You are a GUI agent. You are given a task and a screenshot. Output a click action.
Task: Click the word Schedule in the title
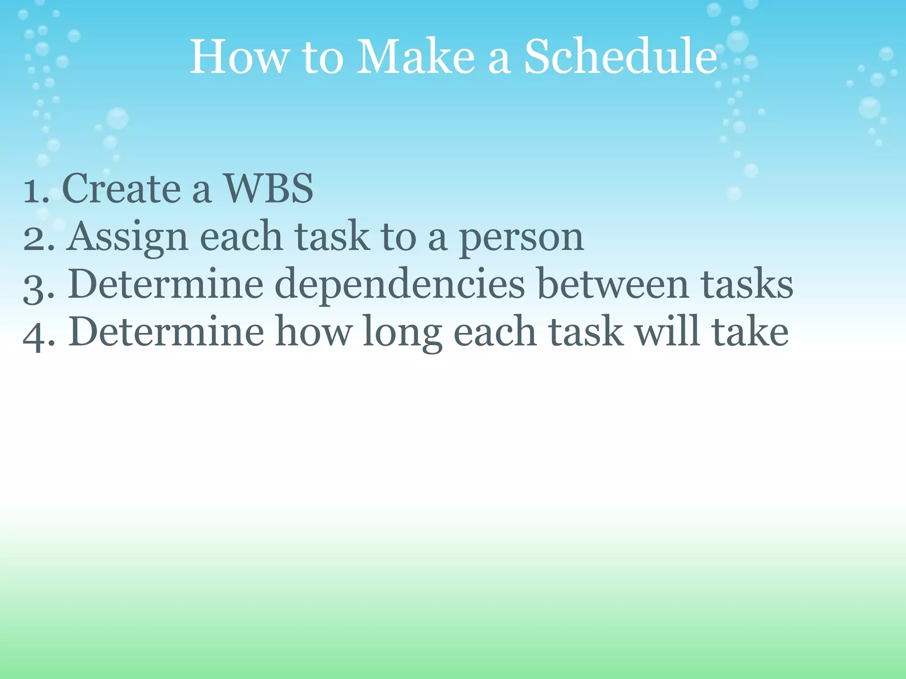tap(620, 57)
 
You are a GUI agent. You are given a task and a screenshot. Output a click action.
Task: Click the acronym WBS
tap(269, 189)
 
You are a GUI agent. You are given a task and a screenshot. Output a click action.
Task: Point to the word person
tap(521, 239)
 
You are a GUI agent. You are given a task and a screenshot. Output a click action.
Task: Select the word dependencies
tap(399, 285)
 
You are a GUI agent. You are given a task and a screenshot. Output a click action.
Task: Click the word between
tap(614, 284)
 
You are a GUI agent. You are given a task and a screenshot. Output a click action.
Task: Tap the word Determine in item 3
tap(165, 284)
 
